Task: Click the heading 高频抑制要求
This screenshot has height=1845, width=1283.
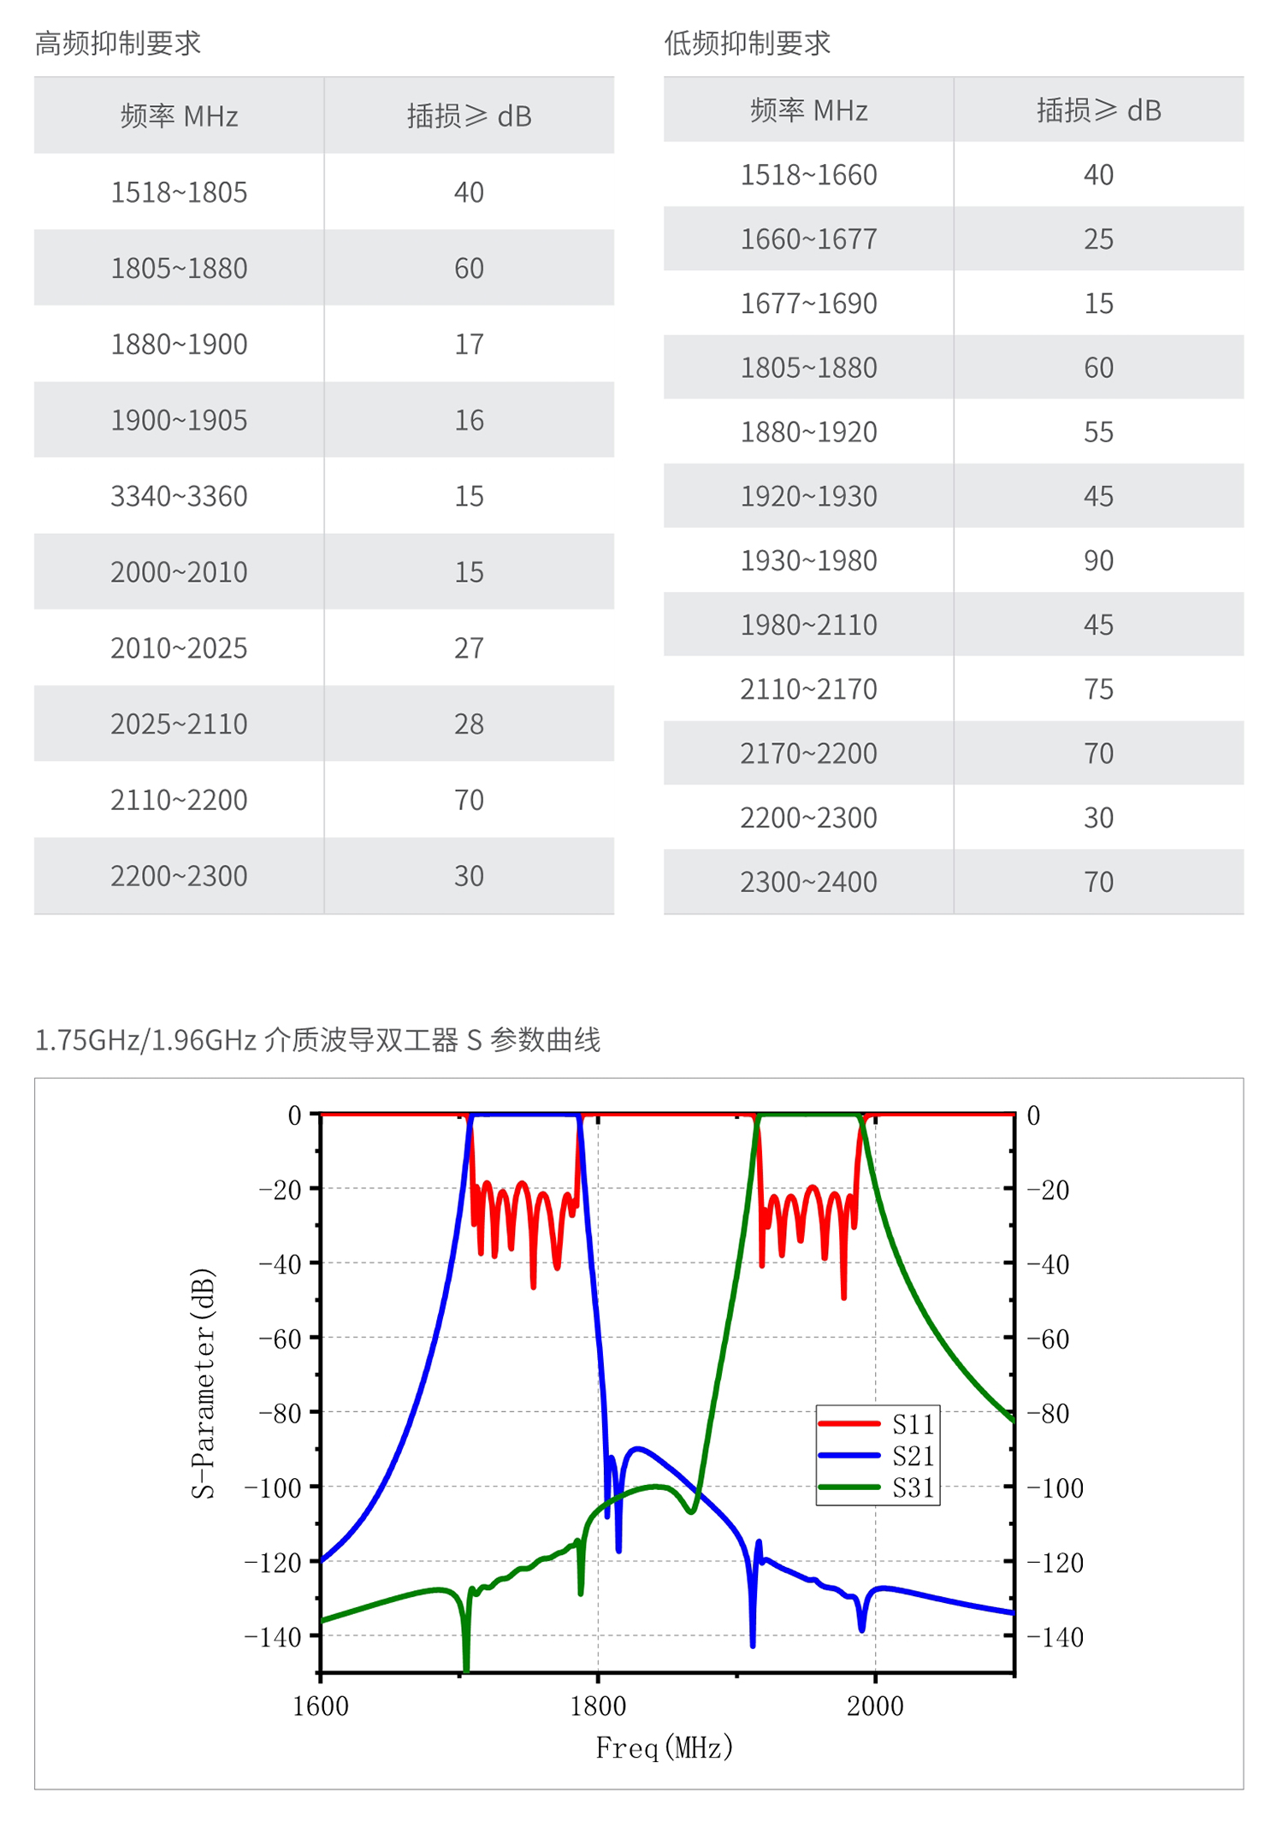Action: [x=117, y=43]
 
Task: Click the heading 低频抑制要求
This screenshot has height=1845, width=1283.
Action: [x=747, y=43]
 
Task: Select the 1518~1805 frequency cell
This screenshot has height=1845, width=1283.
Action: [x=179, y=192]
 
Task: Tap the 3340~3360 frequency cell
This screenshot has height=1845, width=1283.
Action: [x=179, y=496]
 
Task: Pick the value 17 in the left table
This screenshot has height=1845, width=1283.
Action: [x=469, y=345]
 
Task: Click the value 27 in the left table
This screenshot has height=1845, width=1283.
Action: [x=469, y=648]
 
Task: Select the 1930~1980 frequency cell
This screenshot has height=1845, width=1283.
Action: [x=808, y=561]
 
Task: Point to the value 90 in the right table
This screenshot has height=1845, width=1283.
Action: [x=1098, y=561]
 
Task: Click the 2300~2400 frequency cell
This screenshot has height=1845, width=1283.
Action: [x=808, y=882]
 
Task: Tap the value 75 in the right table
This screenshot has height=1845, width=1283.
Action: [x=1098, y=689]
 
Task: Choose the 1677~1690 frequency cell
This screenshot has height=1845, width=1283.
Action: [x=808, y=304]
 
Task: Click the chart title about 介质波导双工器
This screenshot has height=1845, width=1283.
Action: [x=317, y=1040]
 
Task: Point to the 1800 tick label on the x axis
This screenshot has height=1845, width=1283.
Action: [x=598, y=1706]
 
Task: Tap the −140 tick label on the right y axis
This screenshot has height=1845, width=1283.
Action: [x=1055, y=1637]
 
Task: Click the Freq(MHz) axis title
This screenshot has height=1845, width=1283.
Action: [x=665, y=1747]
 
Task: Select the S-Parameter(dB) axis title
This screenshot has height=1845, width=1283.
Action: [x=203, y=1383]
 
